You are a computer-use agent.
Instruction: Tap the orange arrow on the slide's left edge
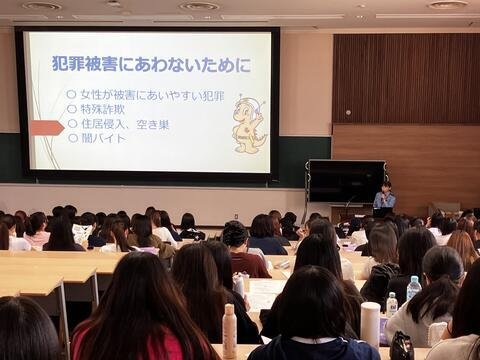pos(46,127)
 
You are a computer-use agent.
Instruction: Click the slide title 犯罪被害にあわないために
pos(150,64)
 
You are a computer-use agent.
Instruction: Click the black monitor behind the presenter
pos(344,181)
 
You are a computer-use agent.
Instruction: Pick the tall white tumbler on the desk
pos(370,324)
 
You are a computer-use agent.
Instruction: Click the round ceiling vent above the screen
pos(199,6)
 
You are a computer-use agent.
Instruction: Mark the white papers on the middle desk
pos(264,294)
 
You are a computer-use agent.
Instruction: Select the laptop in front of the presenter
pos(382,212)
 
